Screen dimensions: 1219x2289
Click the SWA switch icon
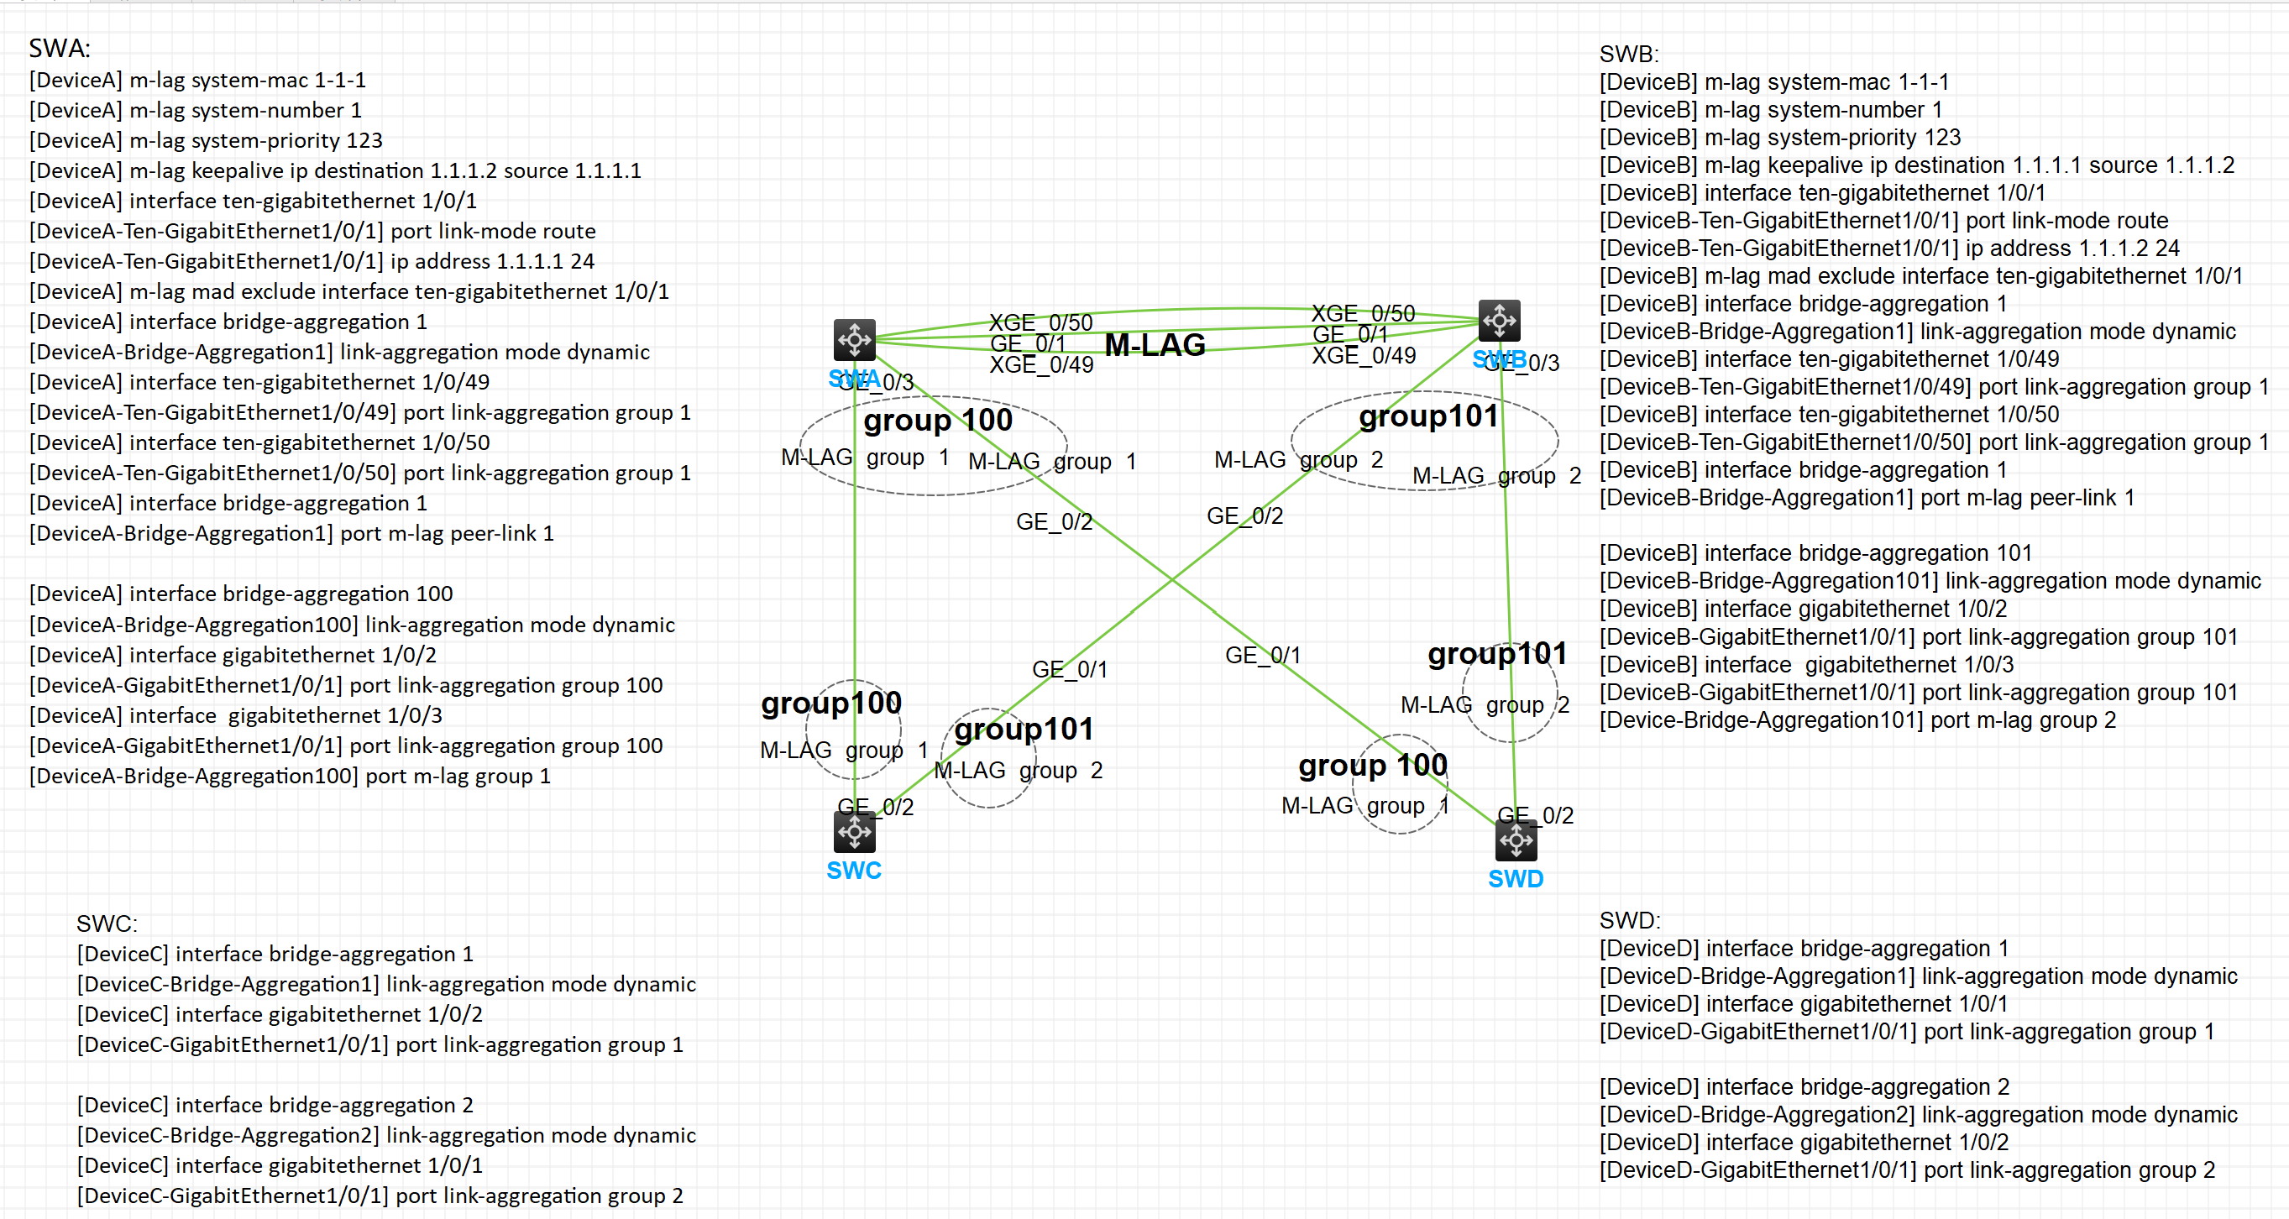pyautogui.click(x=854, y=338)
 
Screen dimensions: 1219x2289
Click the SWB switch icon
pyautogui.click(x=1499, y=320)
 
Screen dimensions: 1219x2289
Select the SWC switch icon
pyautogui.click(x=854, y=832)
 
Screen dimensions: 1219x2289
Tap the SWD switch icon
pyautogui.click(x=1516, y=840)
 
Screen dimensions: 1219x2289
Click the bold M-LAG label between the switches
pyautogui.click(x=1155, y=345)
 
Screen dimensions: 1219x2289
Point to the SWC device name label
pyautogui.click(x=854, y=870)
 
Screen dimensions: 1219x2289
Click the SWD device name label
pyautogui.click(x=1516, y=879)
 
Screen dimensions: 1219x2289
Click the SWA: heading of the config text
pyautogui.click(x=60, y=48)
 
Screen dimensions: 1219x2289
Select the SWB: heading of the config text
pyautogui.click(x=1629, y=55)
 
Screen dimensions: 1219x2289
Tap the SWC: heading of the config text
pyautogui.click(x=107, y=924)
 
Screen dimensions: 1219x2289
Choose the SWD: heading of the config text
pyautogui.click(x=1630, y=920)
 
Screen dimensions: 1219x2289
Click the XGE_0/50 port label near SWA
pyautogui.click(x=1040, y=322)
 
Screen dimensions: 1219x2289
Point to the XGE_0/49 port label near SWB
pyautogui.click(x=1364, y=355)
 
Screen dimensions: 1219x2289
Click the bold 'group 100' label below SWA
pyautogui.click(x=937, y=420)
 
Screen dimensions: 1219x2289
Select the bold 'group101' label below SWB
pyautogui.click(x=1428, y=416)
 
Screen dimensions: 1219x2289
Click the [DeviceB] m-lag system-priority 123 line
pyautogui.click(x=1780, y=138)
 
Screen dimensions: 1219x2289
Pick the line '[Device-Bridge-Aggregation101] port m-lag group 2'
pyautogui.click(x=1857, y=719)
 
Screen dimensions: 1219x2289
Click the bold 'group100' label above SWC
pyautogui.click(x=830, y=703)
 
